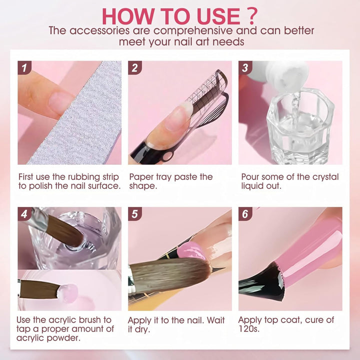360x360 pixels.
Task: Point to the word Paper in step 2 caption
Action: point(142,176)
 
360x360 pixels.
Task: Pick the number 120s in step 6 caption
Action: point(249,328)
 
